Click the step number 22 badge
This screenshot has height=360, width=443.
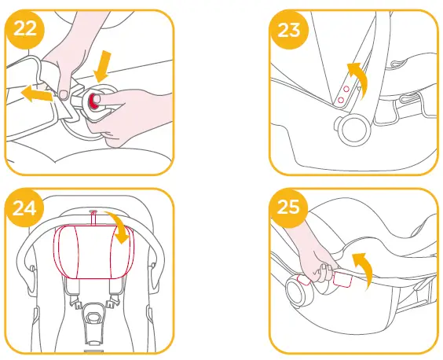tap(25, 30)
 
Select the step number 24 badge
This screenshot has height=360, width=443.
tap(25, 208)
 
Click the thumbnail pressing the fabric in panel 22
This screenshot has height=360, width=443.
tap(61, 95)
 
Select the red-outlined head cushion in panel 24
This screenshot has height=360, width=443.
tap(93, 252)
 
